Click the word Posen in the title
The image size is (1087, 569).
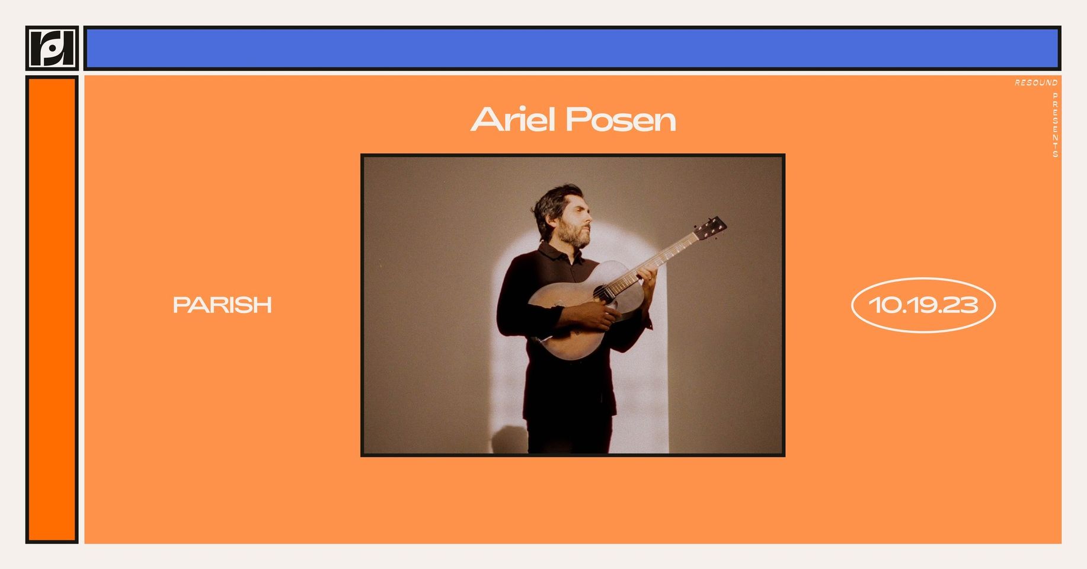pos(621,120)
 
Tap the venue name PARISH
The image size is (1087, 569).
pos(222,305)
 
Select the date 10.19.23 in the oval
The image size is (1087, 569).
pos(923,305)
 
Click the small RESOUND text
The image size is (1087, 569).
pos(1036,83)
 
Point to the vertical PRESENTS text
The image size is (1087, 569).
pos(1055,124)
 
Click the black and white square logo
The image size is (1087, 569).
pos(52,48)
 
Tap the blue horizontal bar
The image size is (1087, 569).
pos(573,48)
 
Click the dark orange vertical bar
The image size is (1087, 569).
pos(52,309)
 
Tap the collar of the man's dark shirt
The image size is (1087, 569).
pos(560,252)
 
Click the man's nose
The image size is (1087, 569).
pos(588,216)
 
